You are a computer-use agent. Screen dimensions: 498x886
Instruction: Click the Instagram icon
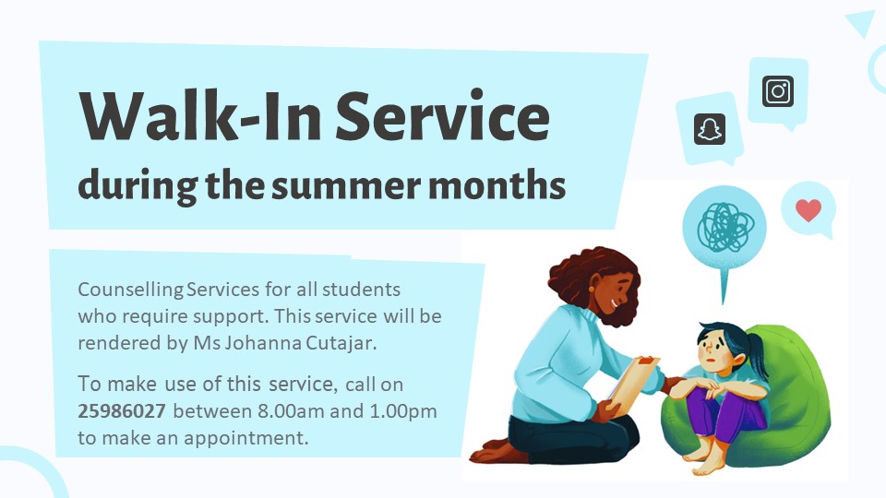coord(778,91)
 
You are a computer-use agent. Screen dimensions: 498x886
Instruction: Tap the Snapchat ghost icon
coord(710,130)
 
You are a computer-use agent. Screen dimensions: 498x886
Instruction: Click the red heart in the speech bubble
coord(808,210)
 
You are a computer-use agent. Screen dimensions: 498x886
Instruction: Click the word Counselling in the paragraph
coord(130,290)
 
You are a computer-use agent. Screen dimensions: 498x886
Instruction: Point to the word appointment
coord(247,438)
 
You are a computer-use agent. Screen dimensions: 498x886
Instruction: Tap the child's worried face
coord(711,350)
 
